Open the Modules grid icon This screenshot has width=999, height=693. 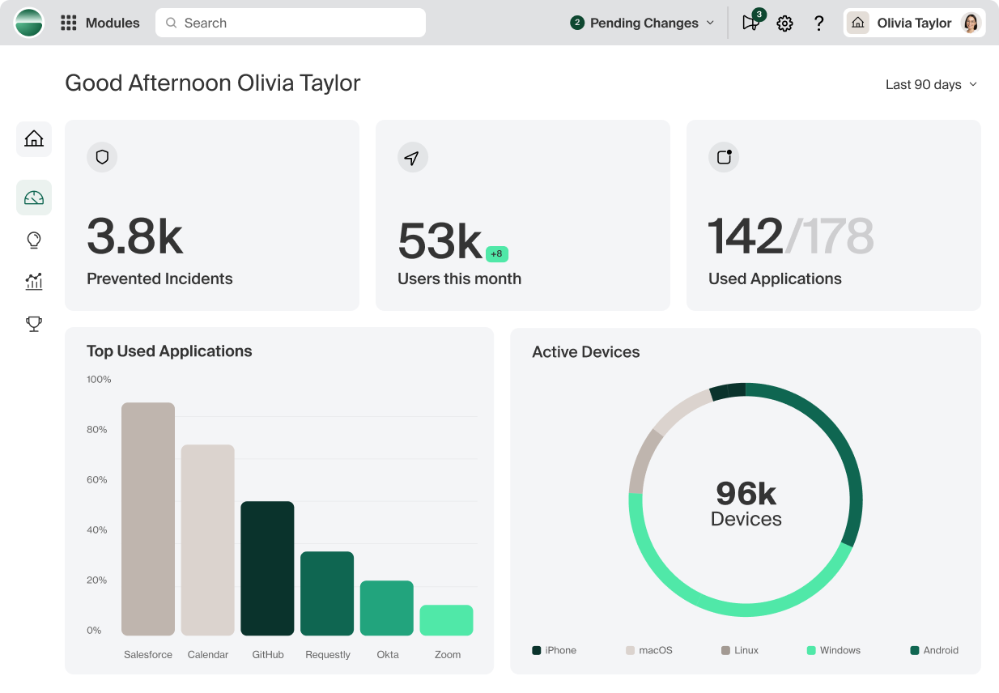click(x=69, y=23)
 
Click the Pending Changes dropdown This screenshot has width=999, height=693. click(x=643, y=23)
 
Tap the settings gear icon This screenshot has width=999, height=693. click(x=784, y=23)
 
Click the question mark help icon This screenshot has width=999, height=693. click(x=818, y=23)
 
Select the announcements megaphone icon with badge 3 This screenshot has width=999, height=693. click(x=750, y=23)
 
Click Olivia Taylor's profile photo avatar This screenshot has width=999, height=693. click(x=970, y=23)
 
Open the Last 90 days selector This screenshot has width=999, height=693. click(x=931, y=84)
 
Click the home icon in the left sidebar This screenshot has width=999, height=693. click(x=34, y=138)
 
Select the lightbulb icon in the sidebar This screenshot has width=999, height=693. click(x=34, y=240)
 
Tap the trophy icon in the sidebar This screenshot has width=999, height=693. click(x=34, y=324)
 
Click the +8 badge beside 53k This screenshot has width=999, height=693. click(x=496, y=254)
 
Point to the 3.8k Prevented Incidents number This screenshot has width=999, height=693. click(x=135, y=236)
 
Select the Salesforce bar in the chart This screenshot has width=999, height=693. click(x=148, y=519)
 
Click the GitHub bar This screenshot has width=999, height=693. click(x=267, y=568)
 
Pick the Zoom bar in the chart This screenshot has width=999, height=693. click(x=446, y=620)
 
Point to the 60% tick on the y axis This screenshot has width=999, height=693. click(x=97, y=480)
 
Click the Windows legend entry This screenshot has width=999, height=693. click(x=834, y=650)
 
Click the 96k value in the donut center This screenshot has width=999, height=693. click(x=746, y=493)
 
